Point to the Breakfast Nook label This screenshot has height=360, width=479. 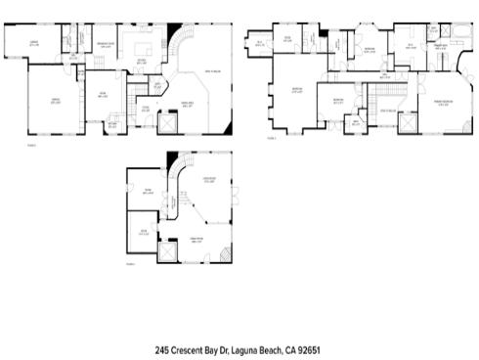tap(105, 44)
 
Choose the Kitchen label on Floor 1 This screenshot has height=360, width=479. tap(142, 61)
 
